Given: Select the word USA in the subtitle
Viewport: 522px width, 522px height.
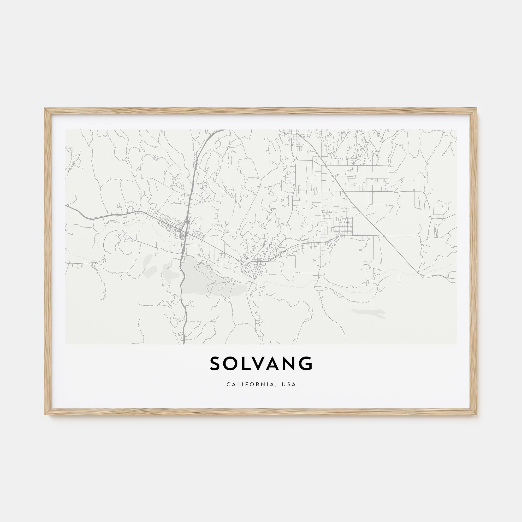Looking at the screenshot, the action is (x=289, y=384).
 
